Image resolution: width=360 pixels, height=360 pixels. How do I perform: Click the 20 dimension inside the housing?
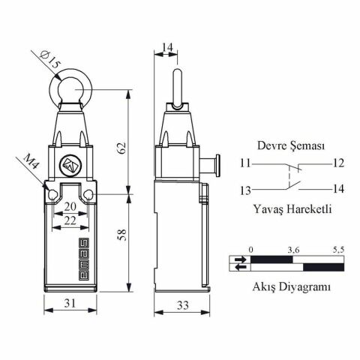coord(69,206)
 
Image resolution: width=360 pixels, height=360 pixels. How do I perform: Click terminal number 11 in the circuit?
coord(246,163)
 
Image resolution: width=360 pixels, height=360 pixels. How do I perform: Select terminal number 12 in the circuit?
coord(338,163)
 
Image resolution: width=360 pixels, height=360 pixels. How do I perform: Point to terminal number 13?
coord(246,189)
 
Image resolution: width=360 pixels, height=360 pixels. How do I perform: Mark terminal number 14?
coord(338,189)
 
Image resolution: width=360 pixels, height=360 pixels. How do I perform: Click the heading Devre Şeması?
coord(290,146)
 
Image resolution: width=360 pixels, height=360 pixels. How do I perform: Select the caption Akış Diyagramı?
coord(292,286)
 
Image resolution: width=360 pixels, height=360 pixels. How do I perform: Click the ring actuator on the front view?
coord(69,90)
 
